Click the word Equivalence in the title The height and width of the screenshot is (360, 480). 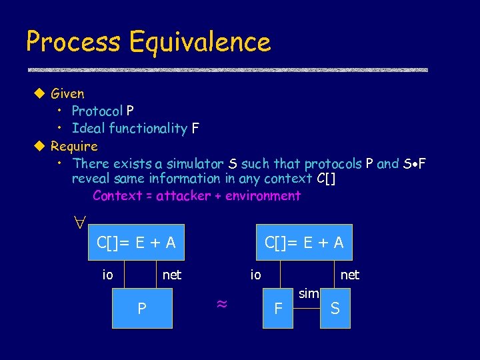(x=200, y=42)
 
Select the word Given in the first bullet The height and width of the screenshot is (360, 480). (x=67, y=94)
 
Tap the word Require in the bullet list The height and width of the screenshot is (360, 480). (x=74, y=146)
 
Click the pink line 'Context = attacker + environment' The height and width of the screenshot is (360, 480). (x=197, y=196)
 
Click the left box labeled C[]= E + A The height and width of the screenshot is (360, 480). (x=136, y=243)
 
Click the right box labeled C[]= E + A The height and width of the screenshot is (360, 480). (x=304, y=243)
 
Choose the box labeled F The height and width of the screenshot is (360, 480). (x=279, y=309)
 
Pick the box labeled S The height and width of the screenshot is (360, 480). (x=335, y=309)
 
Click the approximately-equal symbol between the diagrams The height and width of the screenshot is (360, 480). (x=222, y=305)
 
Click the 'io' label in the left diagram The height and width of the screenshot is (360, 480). (x=107, y=274)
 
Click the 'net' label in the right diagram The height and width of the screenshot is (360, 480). (x=349, y=274)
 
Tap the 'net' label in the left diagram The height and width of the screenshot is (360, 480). (x=172, y=274)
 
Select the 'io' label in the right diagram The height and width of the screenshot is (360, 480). (x=255, y=274)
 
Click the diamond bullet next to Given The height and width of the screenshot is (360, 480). (x=39, y=94)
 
